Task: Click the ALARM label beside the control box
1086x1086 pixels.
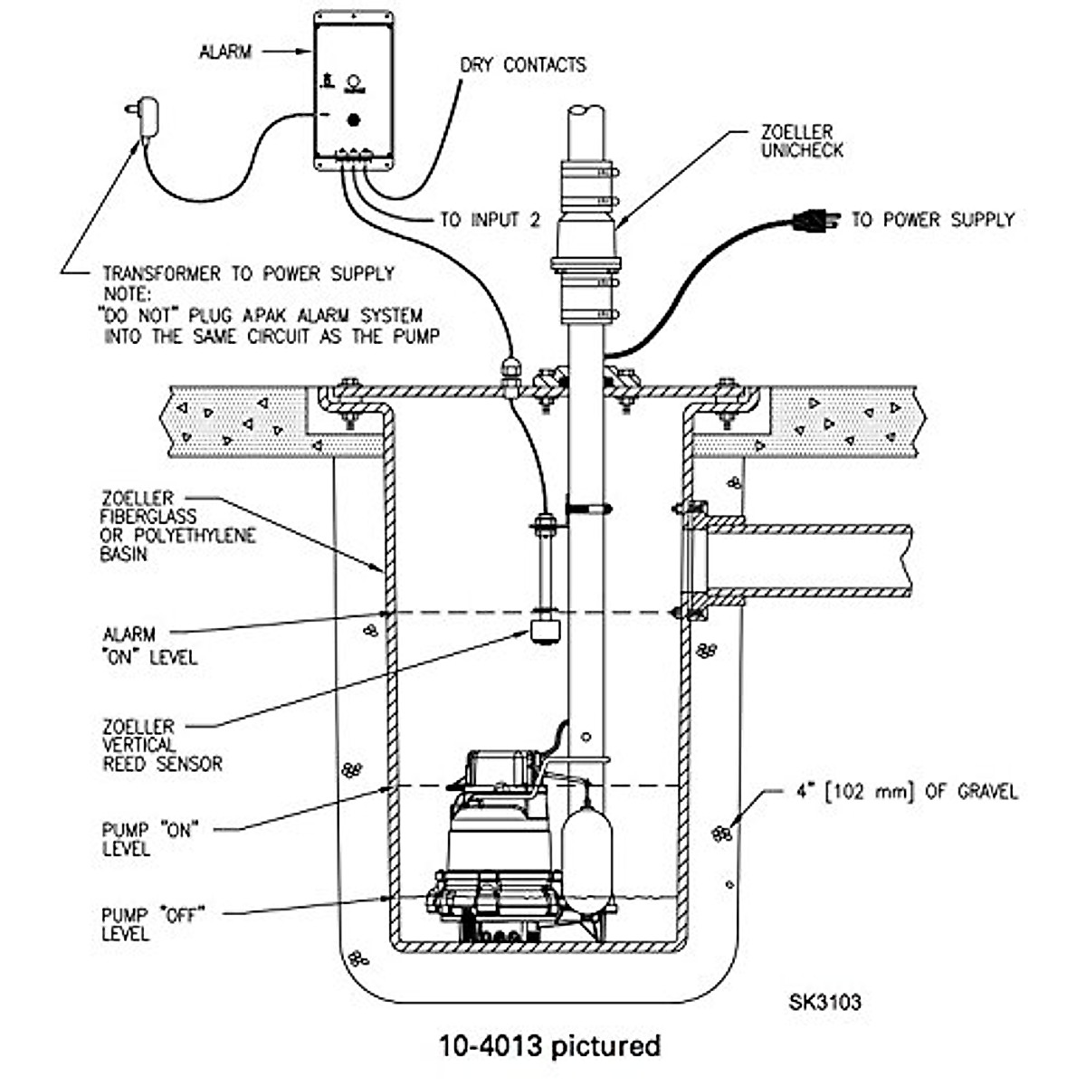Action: pyautogui.click(x=224, y=52)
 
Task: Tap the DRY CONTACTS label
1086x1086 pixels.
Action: pyautogui.click(x=523, y=65)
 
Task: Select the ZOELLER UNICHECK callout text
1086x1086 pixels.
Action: pyautogui.click(x=801, y=142)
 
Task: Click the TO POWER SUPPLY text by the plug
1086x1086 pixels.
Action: pyautogui.click(x=932, y=219)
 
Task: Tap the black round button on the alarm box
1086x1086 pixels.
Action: pyautogui.click(x=354, y=119)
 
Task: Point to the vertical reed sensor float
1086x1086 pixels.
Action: pyautogui.click(x=545, y=627)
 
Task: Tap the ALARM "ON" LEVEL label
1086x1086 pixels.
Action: pyautogui.click(x=149, y=645)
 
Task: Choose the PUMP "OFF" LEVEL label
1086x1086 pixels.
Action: pyautogui.click(x=149, y=923)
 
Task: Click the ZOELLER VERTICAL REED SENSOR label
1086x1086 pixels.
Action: pyautogui.click(x=161, y=745)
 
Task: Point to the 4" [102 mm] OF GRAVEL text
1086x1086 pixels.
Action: pyautogui.click(x=900, y=792)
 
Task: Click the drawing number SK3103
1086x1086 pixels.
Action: pyautogui.click(x=824, y=1002)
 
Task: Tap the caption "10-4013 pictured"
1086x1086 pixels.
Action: pyautogui.click(x=549, y=1046)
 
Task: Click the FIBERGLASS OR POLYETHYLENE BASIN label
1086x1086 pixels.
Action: pyautogui.click(x=176, y=526)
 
